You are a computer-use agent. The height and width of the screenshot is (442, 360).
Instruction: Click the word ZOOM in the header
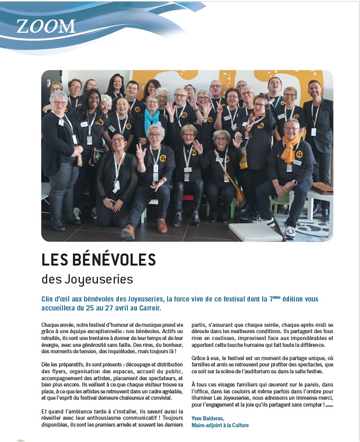[45, 26]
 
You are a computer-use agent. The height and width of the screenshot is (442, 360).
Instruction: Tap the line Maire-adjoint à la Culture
[219, 425]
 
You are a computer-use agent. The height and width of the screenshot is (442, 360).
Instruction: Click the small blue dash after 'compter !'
[329, 406]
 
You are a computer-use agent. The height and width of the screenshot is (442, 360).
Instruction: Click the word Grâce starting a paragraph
[199, 357]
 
